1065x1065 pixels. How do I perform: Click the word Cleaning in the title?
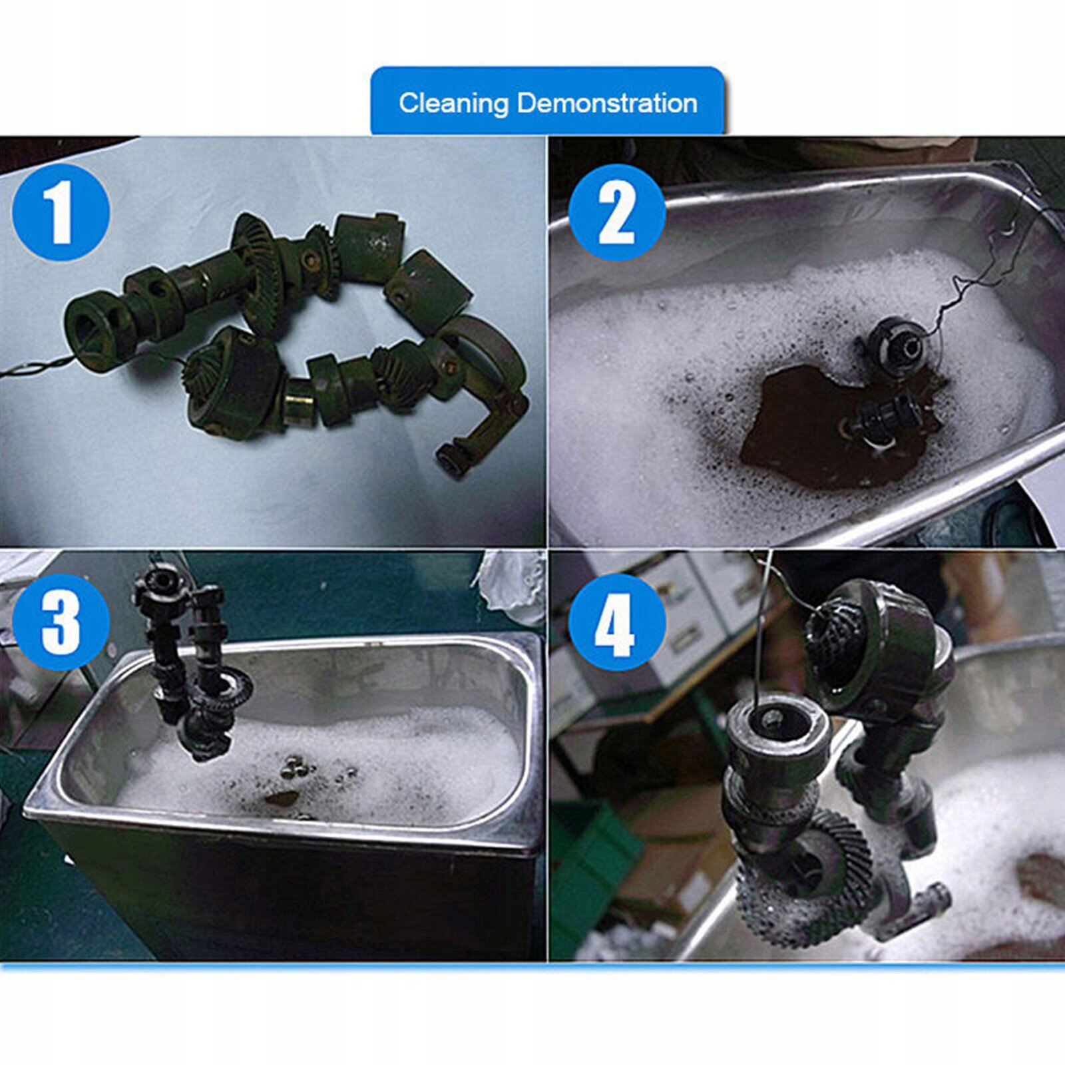pyautogui.click(x=453, y=104)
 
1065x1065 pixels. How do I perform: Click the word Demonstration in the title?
pyautogui.click(x=607, y=103)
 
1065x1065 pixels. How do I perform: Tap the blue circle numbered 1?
pyautogui.click(x=61, y=212)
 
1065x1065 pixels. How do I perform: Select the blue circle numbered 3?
pyautogui.click(x=61, y=622)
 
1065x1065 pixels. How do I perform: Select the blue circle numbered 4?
pyautogui.click(x=617, y=622)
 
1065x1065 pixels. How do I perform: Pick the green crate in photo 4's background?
pyautogui.click(x=592, y=859)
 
